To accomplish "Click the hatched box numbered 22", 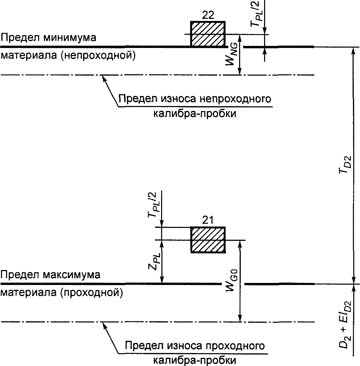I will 207,34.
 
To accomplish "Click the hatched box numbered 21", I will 208,240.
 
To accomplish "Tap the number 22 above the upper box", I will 208,15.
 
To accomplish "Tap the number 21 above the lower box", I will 208,220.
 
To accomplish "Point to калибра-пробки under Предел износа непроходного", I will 195,114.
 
